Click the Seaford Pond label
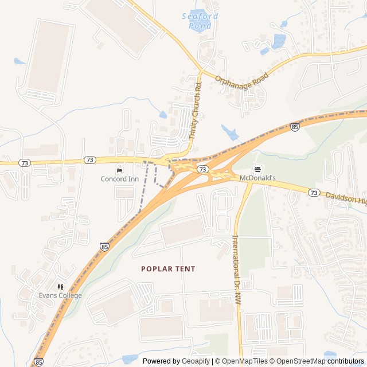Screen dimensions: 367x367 200,21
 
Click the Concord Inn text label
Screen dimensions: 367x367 120,179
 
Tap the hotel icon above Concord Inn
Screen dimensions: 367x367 120,170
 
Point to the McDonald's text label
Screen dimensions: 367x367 257,178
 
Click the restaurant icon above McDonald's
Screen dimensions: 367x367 257,169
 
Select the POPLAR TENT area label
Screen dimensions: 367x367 168,268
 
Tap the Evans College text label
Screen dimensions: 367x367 60,295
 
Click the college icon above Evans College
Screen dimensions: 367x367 60,287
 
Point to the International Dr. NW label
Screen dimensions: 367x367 236,270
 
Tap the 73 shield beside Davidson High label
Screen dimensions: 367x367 313,193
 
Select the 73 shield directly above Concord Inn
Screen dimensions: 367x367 89,160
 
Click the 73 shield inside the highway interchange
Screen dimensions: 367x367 202,169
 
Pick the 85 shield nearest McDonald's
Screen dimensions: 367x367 295,127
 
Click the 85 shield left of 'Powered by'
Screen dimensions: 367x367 38,362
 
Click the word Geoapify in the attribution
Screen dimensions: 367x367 196,361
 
